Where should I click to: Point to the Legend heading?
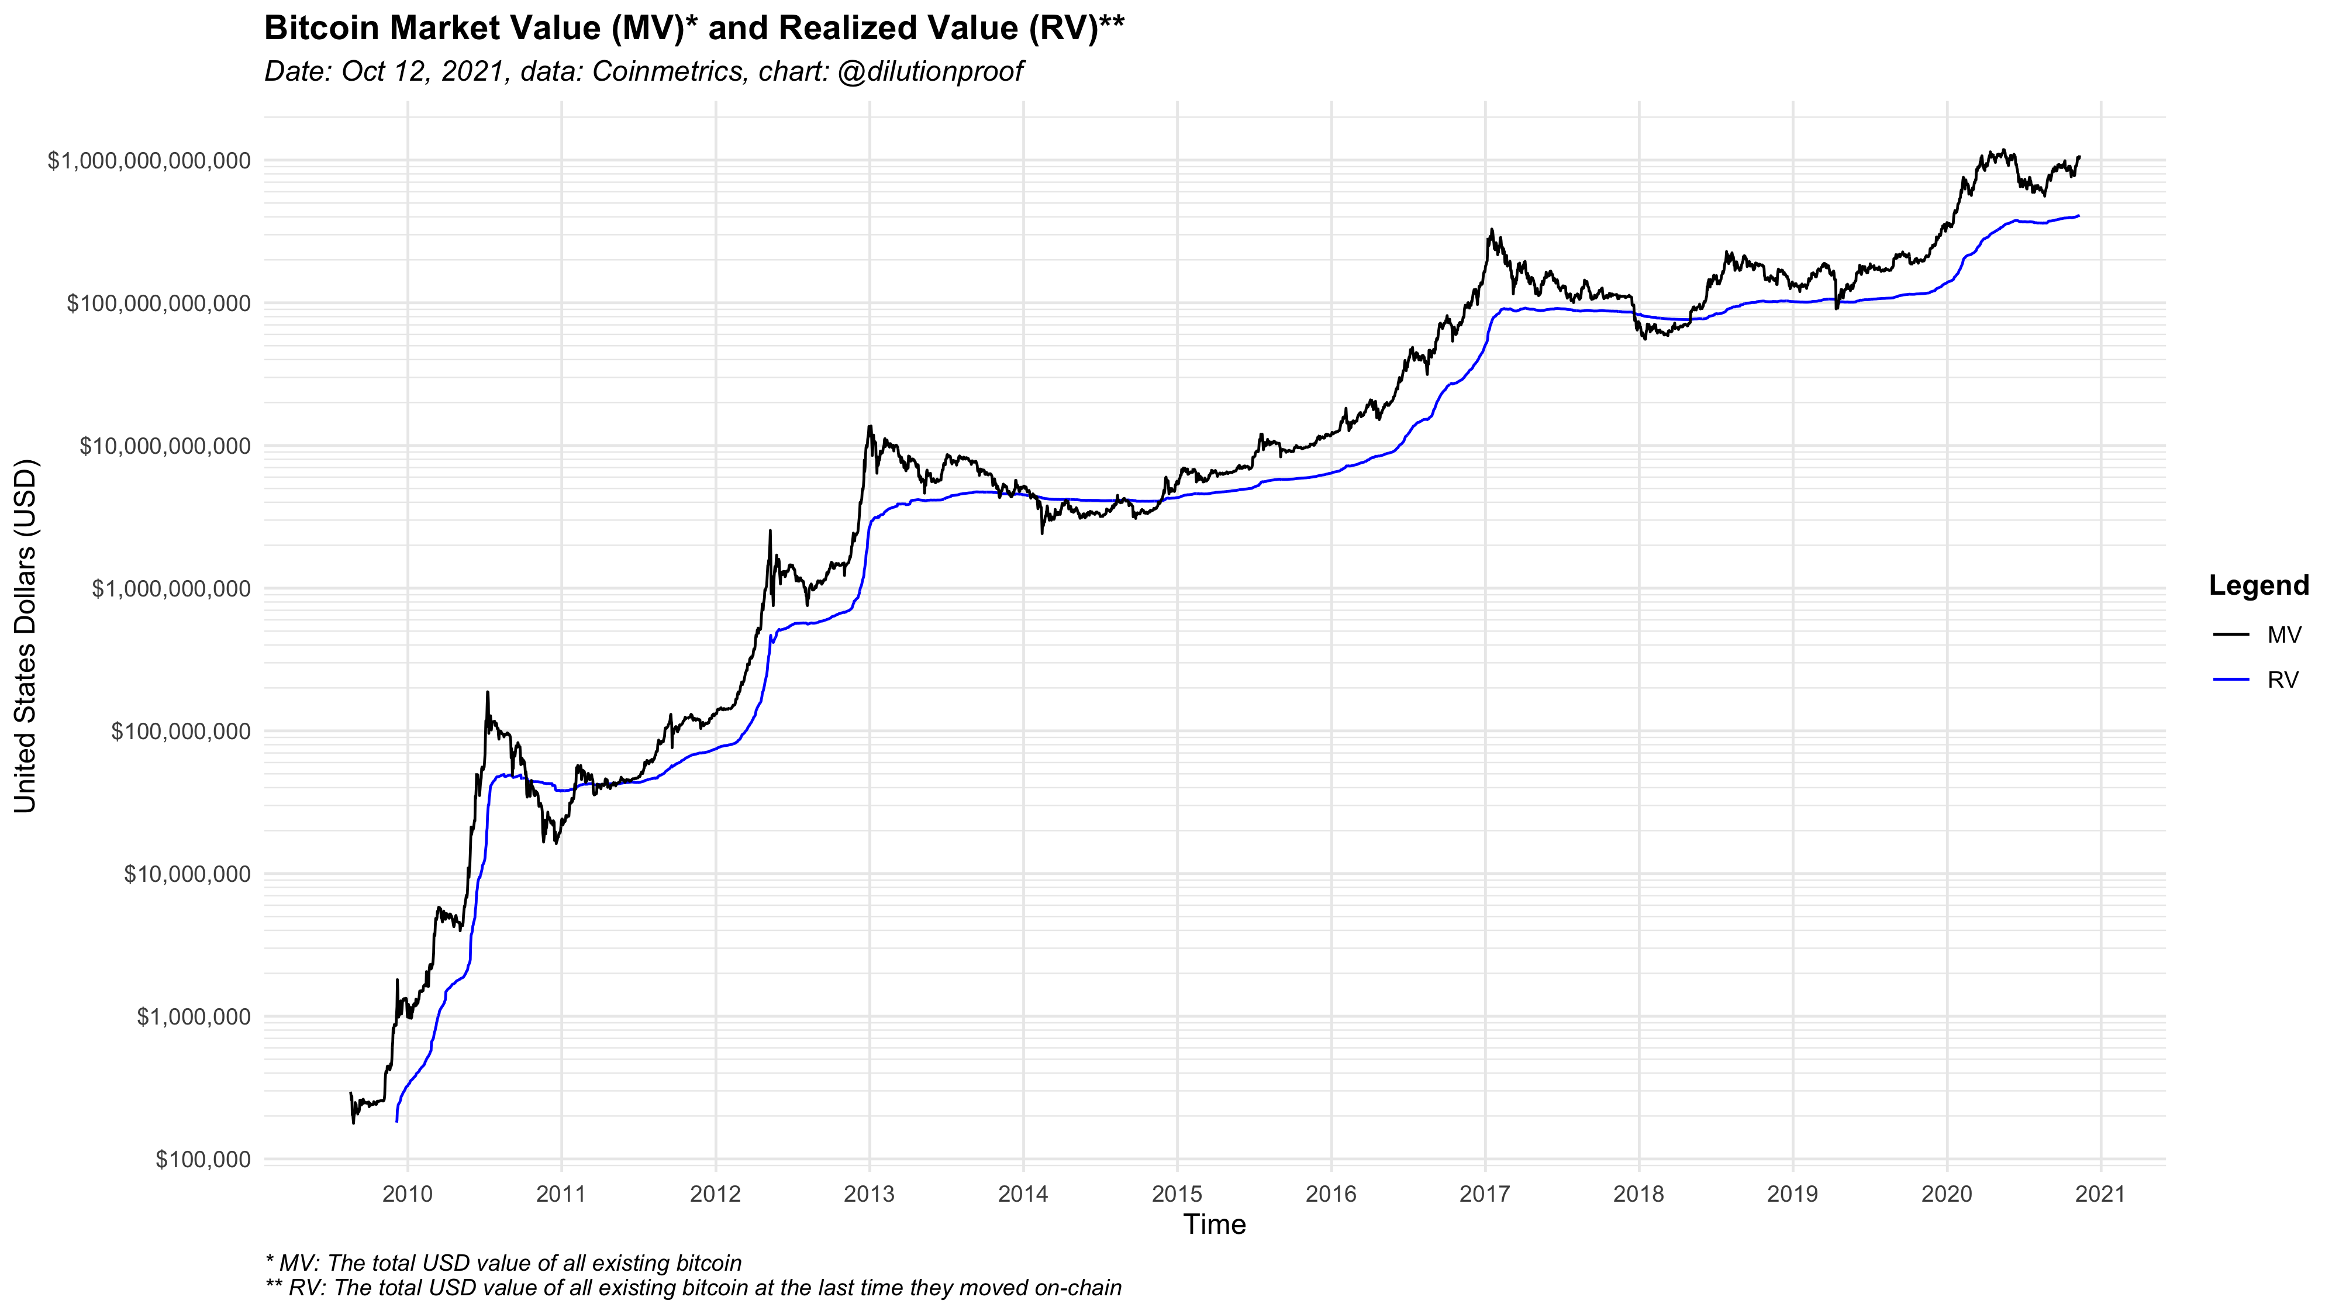(2258, 586)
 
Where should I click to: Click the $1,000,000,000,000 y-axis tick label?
(149, 161)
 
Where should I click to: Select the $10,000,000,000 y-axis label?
(164, 446)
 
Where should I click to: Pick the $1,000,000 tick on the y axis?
(194, 1017)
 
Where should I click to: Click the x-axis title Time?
(1214, 1225)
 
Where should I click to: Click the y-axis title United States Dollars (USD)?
(25, 636)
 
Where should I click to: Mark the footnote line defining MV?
(503, 1263)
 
